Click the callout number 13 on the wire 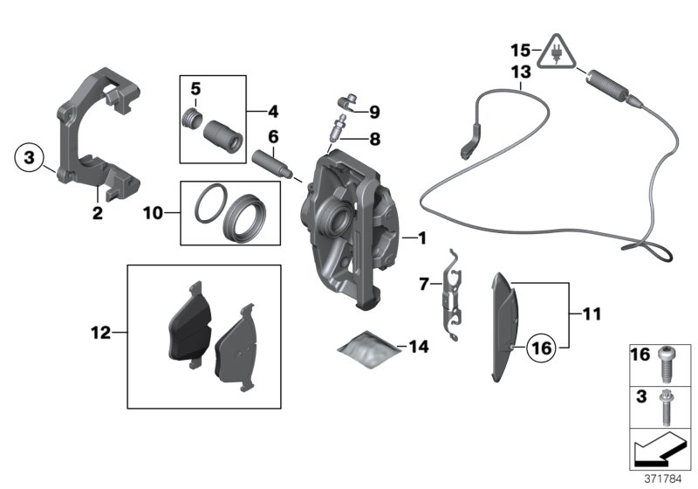[x=520, y=73]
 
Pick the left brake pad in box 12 [x=187, y=324]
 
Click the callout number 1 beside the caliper [x=421, y=237]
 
